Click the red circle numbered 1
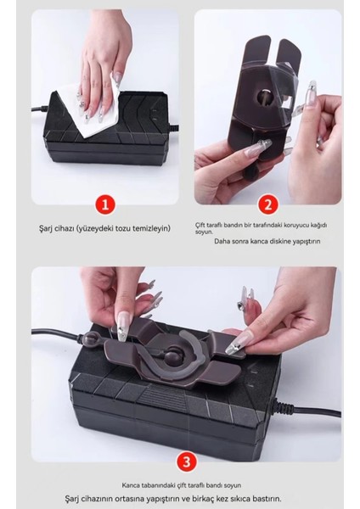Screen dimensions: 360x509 tap(105, 205)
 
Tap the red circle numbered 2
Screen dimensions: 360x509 tap(268, 205)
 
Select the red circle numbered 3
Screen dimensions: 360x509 tap(186, 461)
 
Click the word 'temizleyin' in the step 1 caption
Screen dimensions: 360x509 tap(151, 228)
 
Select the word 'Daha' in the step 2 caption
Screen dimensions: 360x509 tap(221, 241)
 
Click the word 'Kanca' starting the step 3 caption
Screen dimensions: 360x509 tap(130, 485)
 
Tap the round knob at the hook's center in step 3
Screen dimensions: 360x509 tap(173, 355)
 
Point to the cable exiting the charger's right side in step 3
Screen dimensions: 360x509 tap(308, 410)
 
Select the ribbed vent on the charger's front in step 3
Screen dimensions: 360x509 tap(162, 399)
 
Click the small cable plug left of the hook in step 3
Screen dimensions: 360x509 tap(87, 338)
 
